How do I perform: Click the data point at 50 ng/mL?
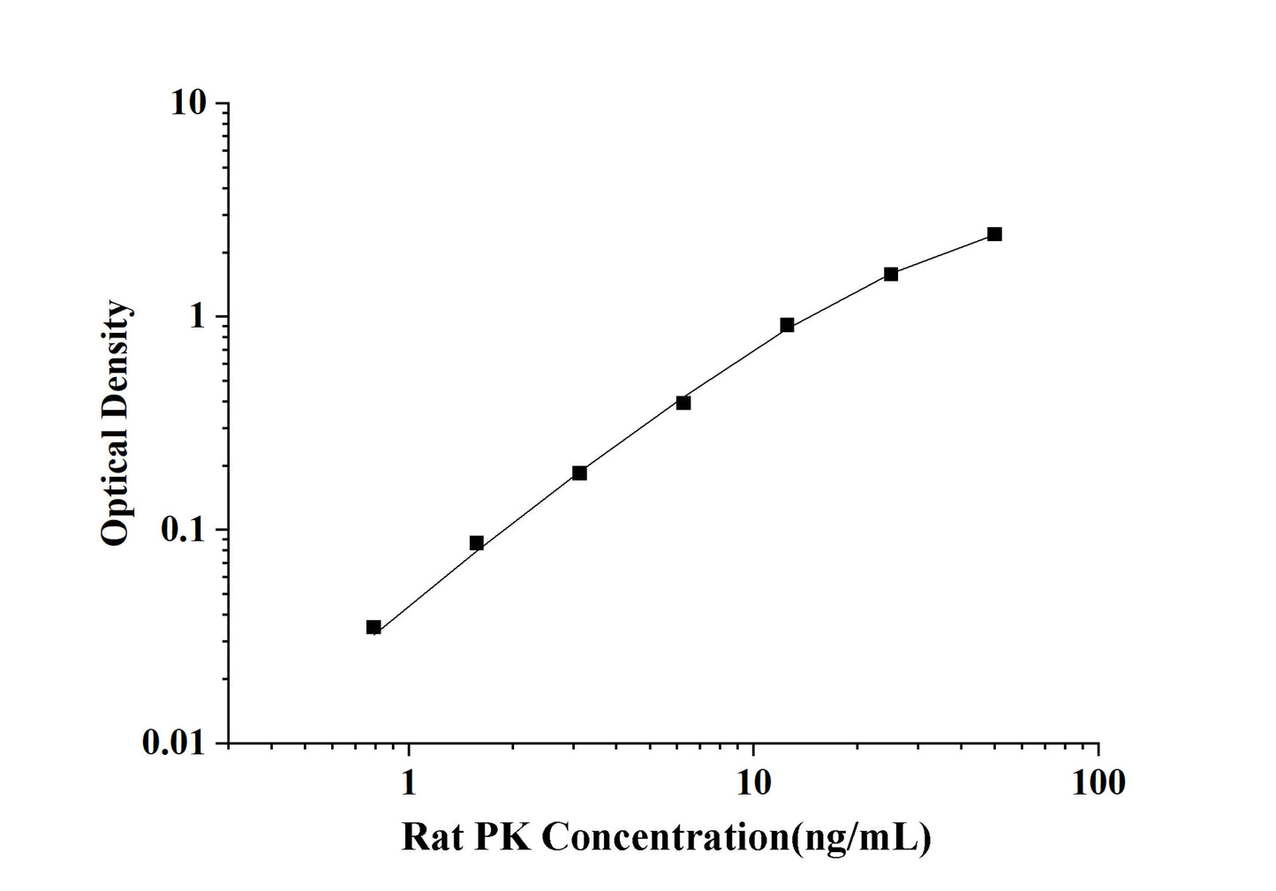coord(994,234)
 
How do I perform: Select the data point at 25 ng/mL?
coord(891,274)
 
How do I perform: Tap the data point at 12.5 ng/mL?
coord(787,325)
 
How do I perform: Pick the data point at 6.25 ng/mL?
coord(683,403)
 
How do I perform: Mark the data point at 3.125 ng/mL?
coord(579,473)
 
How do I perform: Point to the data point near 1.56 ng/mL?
coord(477,543)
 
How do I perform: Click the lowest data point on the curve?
coord(374,627)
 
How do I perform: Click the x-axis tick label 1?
coord(408,782)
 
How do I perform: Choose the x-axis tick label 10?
coord(752,782)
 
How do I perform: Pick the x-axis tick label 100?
coord(1098,782)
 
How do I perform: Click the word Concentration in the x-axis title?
coord(663,836)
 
